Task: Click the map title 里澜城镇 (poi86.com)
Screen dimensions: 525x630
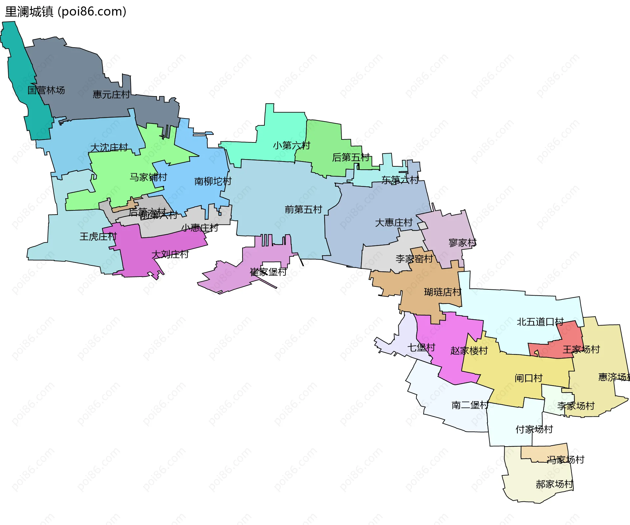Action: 66,12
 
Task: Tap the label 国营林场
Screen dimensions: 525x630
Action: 46,90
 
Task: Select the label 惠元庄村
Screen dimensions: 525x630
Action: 111,95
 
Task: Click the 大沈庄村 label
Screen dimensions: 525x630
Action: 109,148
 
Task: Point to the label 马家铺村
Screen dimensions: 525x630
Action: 148,178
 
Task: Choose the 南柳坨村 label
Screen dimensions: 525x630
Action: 213,181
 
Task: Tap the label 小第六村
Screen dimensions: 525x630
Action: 291,145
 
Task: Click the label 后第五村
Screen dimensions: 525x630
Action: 351,157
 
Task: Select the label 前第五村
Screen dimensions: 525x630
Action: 303,209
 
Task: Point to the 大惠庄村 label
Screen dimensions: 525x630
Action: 393,223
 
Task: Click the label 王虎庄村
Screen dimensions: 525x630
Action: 98,237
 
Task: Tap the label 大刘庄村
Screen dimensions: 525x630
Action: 170,254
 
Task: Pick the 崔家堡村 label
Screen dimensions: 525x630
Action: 268,272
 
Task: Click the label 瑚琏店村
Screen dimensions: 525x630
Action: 442,292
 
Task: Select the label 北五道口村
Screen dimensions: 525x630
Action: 540,322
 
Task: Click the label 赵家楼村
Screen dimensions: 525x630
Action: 469,351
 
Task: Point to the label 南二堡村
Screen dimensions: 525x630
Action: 470,405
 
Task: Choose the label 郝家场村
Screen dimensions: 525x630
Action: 554,484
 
